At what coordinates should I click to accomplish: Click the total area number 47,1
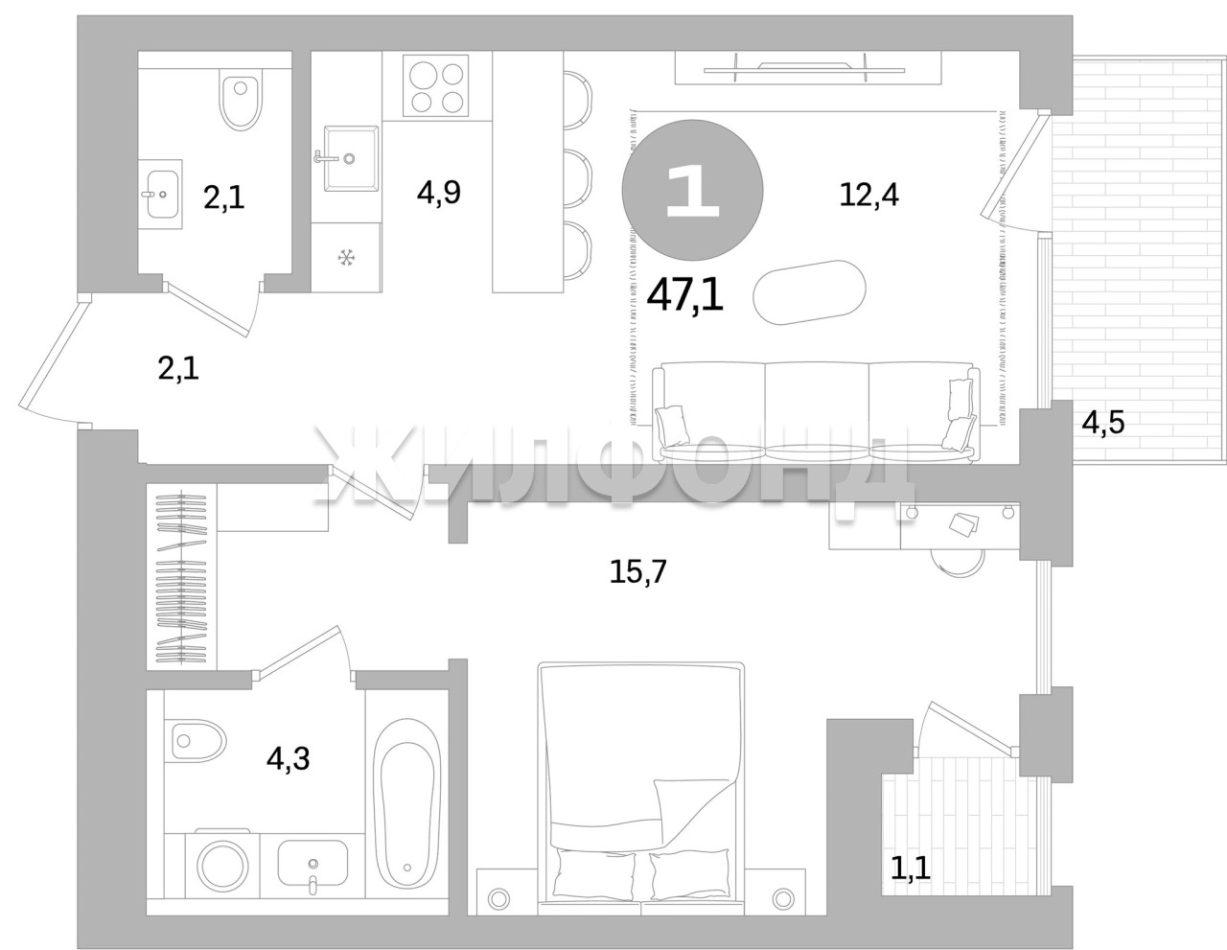tap(684, 295)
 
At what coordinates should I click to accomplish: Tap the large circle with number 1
tap(692, 190)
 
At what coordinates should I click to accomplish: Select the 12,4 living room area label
tap(869, 195)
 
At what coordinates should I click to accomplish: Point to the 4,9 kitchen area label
tap(439, 193)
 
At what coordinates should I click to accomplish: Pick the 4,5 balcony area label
tap(1102, 423)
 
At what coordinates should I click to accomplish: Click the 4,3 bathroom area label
tap(288, 758)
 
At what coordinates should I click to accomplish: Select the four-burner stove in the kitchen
tap(436, 86)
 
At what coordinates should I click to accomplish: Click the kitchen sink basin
tap(351, 158)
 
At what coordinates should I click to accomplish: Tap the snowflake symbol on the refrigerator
tap(346, 259)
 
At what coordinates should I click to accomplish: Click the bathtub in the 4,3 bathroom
tap(406, 808)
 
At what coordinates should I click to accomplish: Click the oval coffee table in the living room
tap(809, 291)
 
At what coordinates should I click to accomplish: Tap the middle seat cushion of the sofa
tap(817, 412)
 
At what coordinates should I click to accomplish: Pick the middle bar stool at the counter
tap(577, 177)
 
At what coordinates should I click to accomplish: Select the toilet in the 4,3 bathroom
tap(197, 739)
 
